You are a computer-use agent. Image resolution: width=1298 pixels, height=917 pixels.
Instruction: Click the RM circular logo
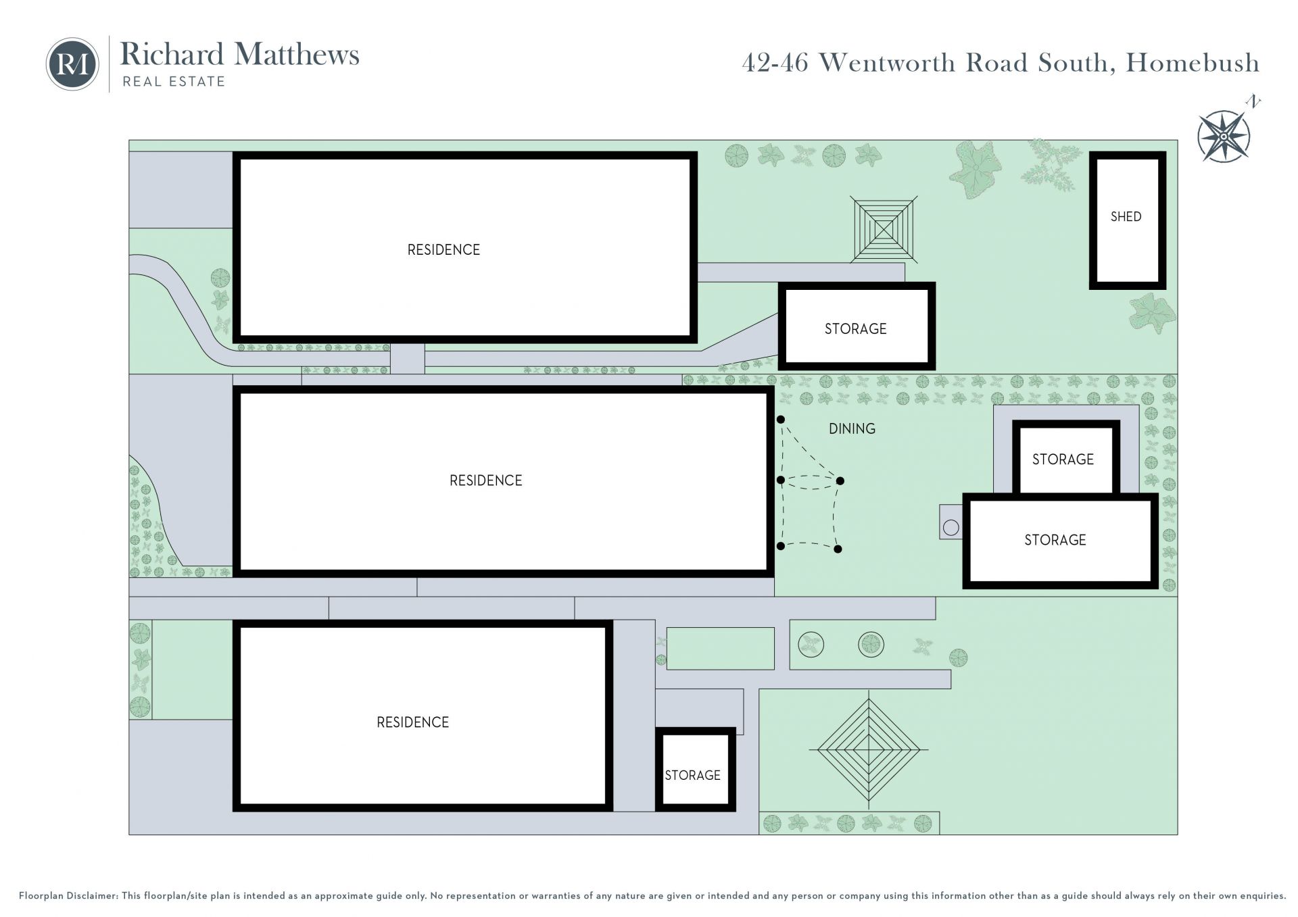click(x=72, y=64)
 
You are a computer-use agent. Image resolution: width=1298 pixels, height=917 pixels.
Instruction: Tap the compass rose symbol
click(x=1224, y=136)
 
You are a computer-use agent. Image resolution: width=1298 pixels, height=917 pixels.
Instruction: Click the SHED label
click(x=1126, y=217)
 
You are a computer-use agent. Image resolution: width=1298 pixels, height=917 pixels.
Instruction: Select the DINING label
click(x=852, y=428)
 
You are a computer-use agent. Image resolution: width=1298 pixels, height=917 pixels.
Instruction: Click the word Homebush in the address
click(x=1193, y=63)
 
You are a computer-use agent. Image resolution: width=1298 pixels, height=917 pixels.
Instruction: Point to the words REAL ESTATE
click(x=174, y=82)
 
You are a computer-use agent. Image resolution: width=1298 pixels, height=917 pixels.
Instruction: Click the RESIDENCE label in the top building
click(x=443, y=250)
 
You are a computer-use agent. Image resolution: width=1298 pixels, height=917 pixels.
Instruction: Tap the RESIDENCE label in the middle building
click(x=486, y=480)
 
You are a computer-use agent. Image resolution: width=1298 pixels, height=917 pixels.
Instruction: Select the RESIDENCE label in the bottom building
click(x=412, y=722)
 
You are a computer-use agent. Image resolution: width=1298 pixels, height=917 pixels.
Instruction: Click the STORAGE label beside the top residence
click(x=855, y=329)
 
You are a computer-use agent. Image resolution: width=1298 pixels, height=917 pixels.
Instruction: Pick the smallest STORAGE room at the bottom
click(x=696, y=770)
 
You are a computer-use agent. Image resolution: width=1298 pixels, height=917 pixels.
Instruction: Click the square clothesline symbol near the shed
click(x=884, y=230)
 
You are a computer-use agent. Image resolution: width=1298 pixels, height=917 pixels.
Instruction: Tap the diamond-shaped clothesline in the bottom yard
click(x=869, y=749)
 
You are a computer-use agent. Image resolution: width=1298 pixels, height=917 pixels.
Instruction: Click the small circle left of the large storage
click(x=951, y=528)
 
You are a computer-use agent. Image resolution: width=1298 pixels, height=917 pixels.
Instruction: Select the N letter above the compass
click(x=1253, y=103)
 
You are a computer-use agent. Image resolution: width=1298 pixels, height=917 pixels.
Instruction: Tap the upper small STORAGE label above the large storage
click(x=1063, y=460)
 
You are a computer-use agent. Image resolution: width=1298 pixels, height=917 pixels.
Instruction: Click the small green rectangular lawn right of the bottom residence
click(x=721, y=649)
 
